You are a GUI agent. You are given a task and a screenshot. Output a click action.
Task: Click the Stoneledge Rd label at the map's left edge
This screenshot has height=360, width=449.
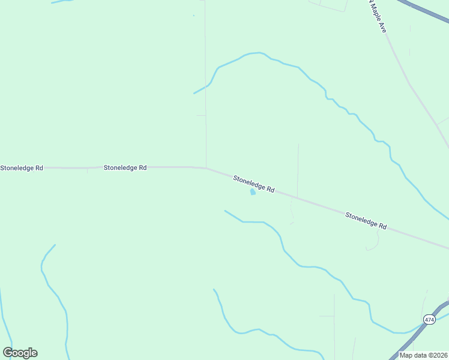pyautogui.click(x=22, y=168)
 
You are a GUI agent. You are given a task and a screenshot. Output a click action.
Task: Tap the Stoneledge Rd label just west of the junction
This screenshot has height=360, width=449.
pyautogui.click(x=125, y=168)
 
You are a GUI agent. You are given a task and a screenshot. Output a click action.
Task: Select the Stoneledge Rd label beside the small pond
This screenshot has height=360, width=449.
pyautogui.click(x=254, y=184)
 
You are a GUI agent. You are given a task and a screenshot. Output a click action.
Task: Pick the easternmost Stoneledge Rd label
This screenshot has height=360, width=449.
pyautogui.click(x=366, y=220)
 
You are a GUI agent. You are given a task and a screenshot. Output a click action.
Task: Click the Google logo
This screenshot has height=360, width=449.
pyautogui.click(x=20, y=353)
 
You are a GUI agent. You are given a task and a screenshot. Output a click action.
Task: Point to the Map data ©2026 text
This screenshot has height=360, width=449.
pyautogui.click(x=423, y=355)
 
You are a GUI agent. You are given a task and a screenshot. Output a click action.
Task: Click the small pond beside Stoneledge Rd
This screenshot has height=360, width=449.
pyautogui.click(x=253, y=192)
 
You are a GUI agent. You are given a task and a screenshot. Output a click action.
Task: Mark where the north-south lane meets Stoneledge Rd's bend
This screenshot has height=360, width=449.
pyautogui.click(x=206, y=168)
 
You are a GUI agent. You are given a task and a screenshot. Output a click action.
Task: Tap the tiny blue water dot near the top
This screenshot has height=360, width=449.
pyautogui.click(x=194, y=16)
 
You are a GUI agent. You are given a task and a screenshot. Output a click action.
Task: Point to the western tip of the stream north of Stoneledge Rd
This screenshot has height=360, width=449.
pyautogui.click(x=194, y=94)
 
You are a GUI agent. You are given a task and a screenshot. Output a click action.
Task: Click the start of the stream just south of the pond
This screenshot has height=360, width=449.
pyautogui.click(x=225, y=211)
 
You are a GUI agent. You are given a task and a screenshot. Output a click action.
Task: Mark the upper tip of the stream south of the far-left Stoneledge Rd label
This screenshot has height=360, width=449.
pyautogui.click(x=55, y=245)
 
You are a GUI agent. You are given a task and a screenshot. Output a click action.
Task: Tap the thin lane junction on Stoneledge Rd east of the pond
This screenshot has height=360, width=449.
pyautogui.click(x=297, y=196)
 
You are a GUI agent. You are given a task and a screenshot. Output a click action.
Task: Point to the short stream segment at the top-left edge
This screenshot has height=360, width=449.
pyautogui.click(x=60, y=2)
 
